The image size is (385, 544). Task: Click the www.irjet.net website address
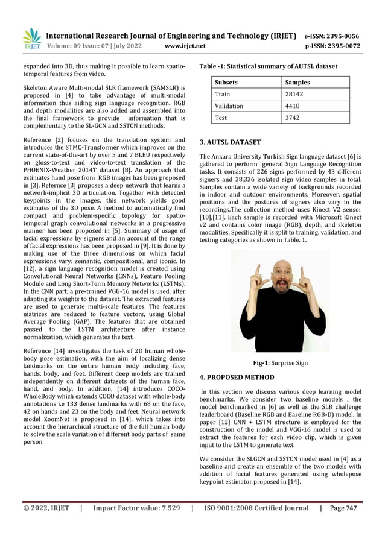pos(185,46)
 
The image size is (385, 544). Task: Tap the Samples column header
pos(297,83)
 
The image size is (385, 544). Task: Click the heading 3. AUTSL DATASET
pos(230,142)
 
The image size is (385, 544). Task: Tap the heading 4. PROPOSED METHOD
pos(237,378)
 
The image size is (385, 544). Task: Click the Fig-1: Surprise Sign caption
pos(280,363)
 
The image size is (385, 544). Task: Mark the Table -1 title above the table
pos(269,66)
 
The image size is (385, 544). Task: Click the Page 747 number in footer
pos(343,508)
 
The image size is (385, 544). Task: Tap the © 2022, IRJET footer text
pos(46,508)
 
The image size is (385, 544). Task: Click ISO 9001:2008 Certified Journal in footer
pos(256,508)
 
